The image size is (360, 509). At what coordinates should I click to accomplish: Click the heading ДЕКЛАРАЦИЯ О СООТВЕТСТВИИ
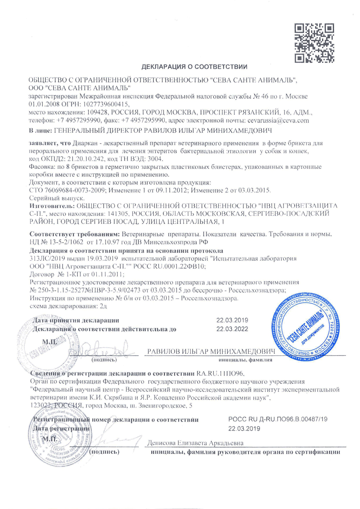point(194,67)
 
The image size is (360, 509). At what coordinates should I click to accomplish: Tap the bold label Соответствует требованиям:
point(75,235)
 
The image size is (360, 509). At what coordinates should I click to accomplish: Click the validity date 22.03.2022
point(229,329)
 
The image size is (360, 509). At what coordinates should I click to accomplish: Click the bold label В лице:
point(40,129)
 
